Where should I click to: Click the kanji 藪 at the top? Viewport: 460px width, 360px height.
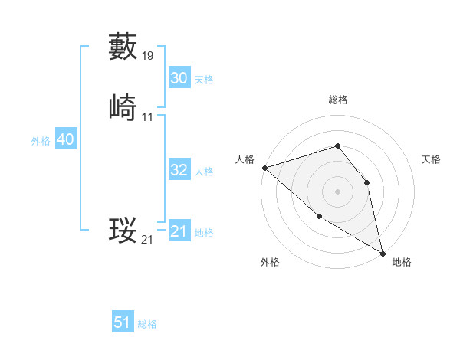click(123, 46)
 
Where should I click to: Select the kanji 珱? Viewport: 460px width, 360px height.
click(123, 230)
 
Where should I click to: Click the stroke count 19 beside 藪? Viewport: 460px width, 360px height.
click(148, 56)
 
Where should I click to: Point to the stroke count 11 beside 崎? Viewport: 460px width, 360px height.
click(148, 117)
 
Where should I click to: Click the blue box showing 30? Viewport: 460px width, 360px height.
click(179, 78)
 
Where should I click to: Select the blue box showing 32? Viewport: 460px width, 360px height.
click(179, 170)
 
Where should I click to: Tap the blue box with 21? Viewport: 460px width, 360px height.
click(179, 231)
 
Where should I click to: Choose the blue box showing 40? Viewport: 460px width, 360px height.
click(65, 139)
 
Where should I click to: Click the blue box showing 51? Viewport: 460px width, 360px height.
click(123, 322)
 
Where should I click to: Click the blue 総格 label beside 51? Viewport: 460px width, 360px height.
click(147, 324)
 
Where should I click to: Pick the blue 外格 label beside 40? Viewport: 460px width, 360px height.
click(41, 141)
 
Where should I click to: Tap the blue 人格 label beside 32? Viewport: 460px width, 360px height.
click(205, 172)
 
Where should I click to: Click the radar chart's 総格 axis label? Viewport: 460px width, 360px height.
click(337, 100)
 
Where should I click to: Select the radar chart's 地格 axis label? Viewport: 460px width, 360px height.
click(402, 262)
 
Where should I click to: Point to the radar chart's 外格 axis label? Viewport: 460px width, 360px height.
click(270, 262)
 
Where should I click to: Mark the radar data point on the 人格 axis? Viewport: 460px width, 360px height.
click(264, 167)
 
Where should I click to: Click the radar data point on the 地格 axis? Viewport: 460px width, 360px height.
click(383, 253)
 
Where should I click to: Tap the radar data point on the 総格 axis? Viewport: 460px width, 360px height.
click(337, 146)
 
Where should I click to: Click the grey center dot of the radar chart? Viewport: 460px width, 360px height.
click(337, 191)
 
